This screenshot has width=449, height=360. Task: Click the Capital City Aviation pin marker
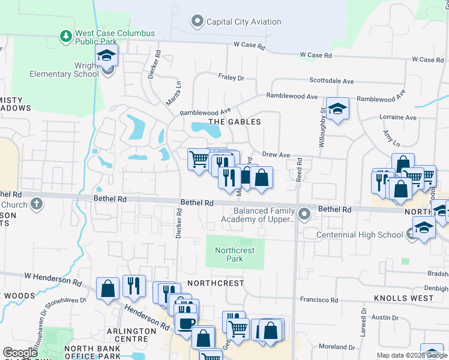pyautogui.click(x=197, y=22)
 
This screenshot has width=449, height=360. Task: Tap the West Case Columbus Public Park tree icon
pyautogui.click(x=66, y=37)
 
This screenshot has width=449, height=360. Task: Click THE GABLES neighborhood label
pyautogui.click(x=234, y=122)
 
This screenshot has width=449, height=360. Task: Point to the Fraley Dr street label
pyautogui.click(x=232, y=78)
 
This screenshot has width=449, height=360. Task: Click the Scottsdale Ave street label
pyautogui.click(x=331, y=80)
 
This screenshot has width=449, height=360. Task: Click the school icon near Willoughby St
pyautogui.click(x=338, y=109)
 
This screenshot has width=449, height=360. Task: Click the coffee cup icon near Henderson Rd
pyautogui.click(x=185, y=323)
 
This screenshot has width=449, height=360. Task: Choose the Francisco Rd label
pyautogui.click(x=319, y=300)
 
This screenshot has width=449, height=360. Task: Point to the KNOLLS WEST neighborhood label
pyautogui.click(x=403, y=298)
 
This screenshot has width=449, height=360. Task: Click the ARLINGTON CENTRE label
pyautogui.click(x=127, y=335)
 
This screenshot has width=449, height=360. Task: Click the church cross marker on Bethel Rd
pyautogui.click(x=36, y=204)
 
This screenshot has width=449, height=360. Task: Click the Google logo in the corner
pyautogui.click(x=20, y=353)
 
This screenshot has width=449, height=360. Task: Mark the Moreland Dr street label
pyautogui.click(x=337, y=347)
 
